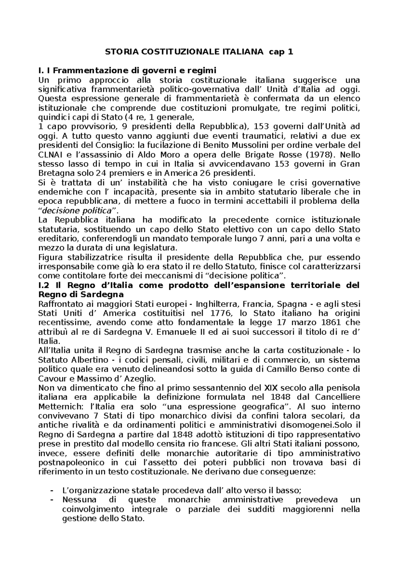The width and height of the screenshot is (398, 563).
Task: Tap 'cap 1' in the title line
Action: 281,52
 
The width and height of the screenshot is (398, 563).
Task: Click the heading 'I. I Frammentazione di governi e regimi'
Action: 127,71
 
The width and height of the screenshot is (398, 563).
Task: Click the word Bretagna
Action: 54,173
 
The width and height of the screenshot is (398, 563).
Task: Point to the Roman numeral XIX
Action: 271,388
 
